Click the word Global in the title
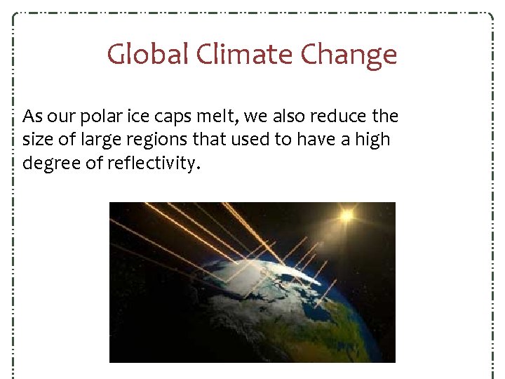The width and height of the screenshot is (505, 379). [x=147, y=54]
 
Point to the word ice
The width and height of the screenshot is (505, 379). [x=142, y=116]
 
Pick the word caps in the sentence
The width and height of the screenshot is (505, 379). [x=175, y=117]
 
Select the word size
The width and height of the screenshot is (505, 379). [x=37, y=140]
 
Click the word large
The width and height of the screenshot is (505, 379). [x=100, y=140]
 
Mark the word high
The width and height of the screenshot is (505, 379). [x=372, y=140]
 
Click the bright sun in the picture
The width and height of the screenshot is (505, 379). [x=346, y=215]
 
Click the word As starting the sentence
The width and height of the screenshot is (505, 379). [x=32, y=116]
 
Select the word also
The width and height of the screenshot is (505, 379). [x=289, y=116]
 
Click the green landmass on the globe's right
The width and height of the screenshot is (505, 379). [x=365, y=323]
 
